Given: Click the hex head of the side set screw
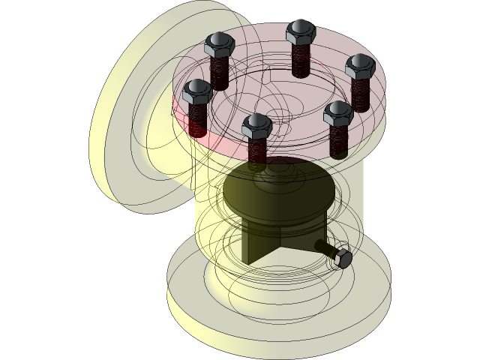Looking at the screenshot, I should (x=341, y=256).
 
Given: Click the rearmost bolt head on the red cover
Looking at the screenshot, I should (x=299, y=31).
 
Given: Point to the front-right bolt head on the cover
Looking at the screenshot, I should (x=338, y=113).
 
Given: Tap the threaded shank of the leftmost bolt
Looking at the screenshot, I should (x=198, y=120).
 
